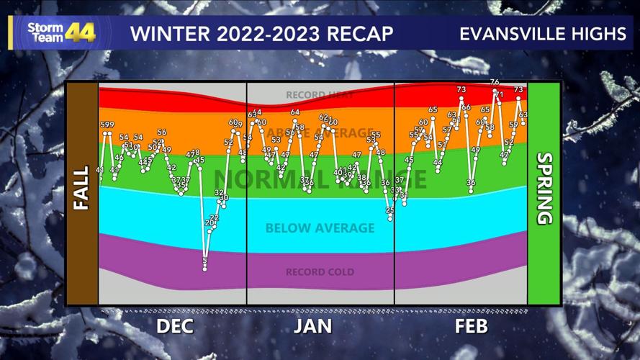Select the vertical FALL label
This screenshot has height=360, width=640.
[x=81, y=194]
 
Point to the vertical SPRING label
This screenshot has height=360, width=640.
[x=544, y=189]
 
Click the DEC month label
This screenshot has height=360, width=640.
[x=175, y=326]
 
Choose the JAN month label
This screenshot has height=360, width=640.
[x=312, y=326]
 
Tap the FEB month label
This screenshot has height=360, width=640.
[x=471, y=326]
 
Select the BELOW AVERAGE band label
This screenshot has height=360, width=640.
[x=320, y=228]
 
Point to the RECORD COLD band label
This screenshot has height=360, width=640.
[x=320, y=272]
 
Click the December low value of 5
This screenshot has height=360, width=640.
[x=205, y=261]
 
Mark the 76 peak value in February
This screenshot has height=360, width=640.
[x=494, y=82]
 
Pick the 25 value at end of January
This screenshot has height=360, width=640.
[x=390, y=210]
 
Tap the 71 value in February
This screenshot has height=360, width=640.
[x=500, y=95]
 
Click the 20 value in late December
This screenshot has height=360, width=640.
[x=209, y=223]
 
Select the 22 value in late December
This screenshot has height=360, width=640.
[x=214, y=217]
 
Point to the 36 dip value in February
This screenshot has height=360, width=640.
[x=471, y=183]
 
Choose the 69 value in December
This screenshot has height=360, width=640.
[x=233, y=122]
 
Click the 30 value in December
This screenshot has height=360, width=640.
[x=223, y=197]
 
